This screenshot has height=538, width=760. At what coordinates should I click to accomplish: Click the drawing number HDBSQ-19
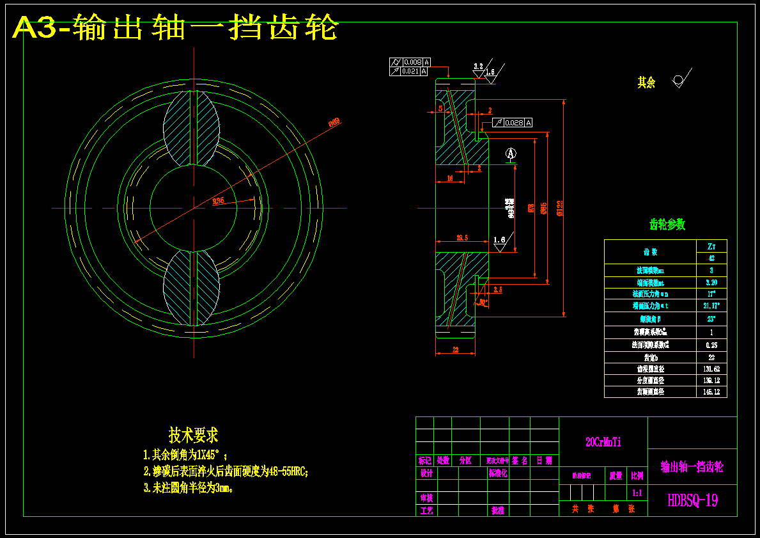click(x=692, y=500)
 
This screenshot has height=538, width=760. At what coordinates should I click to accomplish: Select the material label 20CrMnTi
click(x=603, y=442)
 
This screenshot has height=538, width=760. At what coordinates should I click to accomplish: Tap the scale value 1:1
click(x=637, y=493)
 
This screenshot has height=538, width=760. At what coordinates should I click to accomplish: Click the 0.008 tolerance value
click(x=412, y=62)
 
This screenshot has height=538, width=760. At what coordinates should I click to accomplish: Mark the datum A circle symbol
click(x=510, y=154)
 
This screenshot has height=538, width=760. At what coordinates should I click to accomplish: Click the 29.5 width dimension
click(x=461, y=237)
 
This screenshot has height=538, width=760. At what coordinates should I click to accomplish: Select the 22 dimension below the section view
click(x=455, y=349)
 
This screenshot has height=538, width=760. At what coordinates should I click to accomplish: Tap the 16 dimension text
click(x=449, y=178)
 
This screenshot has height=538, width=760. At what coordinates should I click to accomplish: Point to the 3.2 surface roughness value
click(x=478, y=66)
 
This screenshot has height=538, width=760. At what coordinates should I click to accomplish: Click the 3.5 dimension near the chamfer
click(x=498, y=290)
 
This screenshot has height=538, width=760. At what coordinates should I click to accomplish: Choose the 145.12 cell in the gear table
click(x=711, y=392)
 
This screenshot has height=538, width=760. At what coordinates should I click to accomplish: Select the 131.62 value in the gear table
click(x=711, y=369)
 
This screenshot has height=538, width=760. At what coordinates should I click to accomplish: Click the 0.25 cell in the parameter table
click(x=711, y=345)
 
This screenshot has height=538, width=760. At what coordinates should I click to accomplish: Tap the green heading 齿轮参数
click(x=667, y=225)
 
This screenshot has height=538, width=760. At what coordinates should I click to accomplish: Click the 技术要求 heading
click(x=193, y=436)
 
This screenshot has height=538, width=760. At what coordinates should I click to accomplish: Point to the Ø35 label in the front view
click(x=218, y=202)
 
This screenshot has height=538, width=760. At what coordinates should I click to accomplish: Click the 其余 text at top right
click(x=646, y=83)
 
